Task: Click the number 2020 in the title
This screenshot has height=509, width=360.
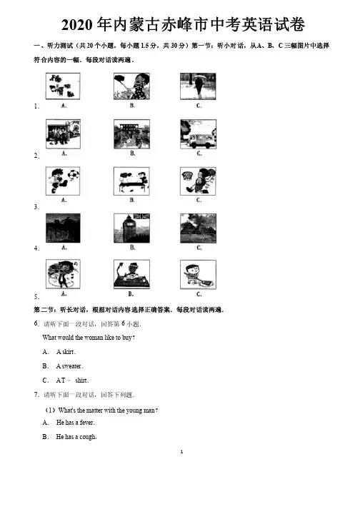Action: tap(77, 25)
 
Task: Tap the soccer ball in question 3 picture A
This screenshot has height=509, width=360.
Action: tap(74, 175)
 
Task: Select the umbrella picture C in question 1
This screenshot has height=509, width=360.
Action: tap(198, 86)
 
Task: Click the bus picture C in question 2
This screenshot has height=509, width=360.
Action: tap(198, 133)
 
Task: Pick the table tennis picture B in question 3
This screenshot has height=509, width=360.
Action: tap(131, 181)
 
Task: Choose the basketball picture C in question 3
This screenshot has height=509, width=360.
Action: tap(198, 181)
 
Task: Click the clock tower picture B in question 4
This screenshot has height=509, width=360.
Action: tap(131, 228)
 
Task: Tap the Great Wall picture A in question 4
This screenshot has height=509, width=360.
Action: tap(63, 228)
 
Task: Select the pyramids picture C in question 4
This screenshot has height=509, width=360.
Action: tap(198, 228)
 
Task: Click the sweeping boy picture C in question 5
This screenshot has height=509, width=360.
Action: tap(198, 274)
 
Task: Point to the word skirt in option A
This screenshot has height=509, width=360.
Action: tap(69, 352)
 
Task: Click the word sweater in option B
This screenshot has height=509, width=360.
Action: tap(71, 366)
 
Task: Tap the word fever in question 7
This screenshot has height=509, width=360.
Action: tap(86, 423)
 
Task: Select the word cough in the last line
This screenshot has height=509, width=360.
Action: tap(88, 437)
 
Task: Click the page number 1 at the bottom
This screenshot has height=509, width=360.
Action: tap(181, 452)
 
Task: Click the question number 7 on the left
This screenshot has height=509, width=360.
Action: tap(36, 394)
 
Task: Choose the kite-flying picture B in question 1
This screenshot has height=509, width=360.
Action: tap(131, 86)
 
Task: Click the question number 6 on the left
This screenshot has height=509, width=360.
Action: tap(36, 323)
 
